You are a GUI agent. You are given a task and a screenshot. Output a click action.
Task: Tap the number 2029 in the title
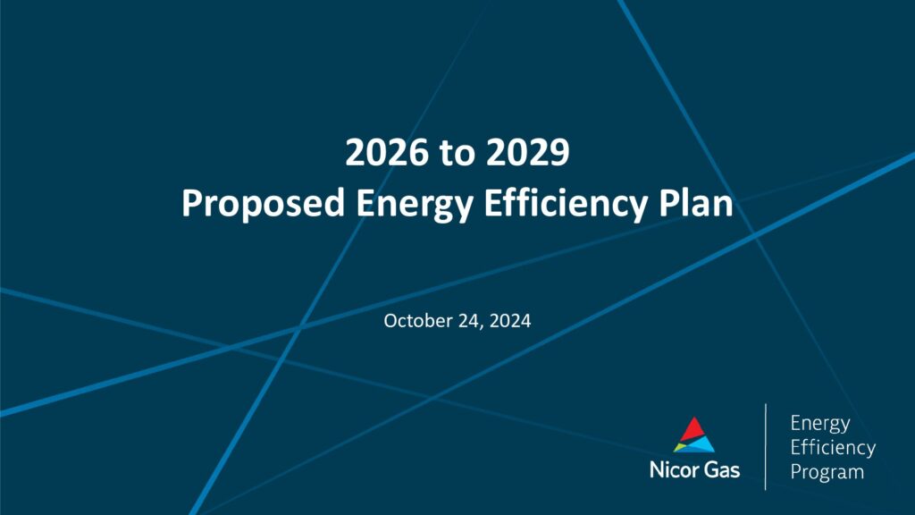coord(527,152)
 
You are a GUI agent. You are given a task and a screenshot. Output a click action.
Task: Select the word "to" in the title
coord(457,154)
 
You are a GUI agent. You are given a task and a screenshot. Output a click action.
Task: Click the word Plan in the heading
coord(695,203)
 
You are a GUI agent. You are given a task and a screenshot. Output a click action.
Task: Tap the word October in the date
coord(418,321)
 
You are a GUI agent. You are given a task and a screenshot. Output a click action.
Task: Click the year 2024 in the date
coord(510,321)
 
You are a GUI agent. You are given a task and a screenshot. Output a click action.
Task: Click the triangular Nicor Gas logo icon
coord(693,435)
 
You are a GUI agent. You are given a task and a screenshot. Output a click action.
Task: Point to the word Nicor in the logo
coord(672,470)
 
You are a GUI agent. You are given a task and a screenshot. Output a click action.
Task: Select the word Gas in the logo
coord(720,470)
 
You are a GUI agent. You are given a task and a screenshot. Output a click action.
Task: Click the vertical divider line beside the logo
coord(766,447)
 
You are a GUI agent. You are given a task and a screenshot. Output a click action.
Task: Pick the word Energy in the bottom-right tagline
coord(820,424)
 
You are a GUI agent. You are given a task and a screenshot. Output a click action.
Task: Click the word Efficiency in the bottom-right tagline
coord(833,447)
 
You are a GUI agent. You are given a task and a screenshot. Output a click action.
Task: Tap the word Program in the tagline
coord(827,472)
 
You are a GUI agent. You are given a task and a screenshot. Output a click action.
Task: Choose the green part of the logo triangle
coord(679,447)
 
